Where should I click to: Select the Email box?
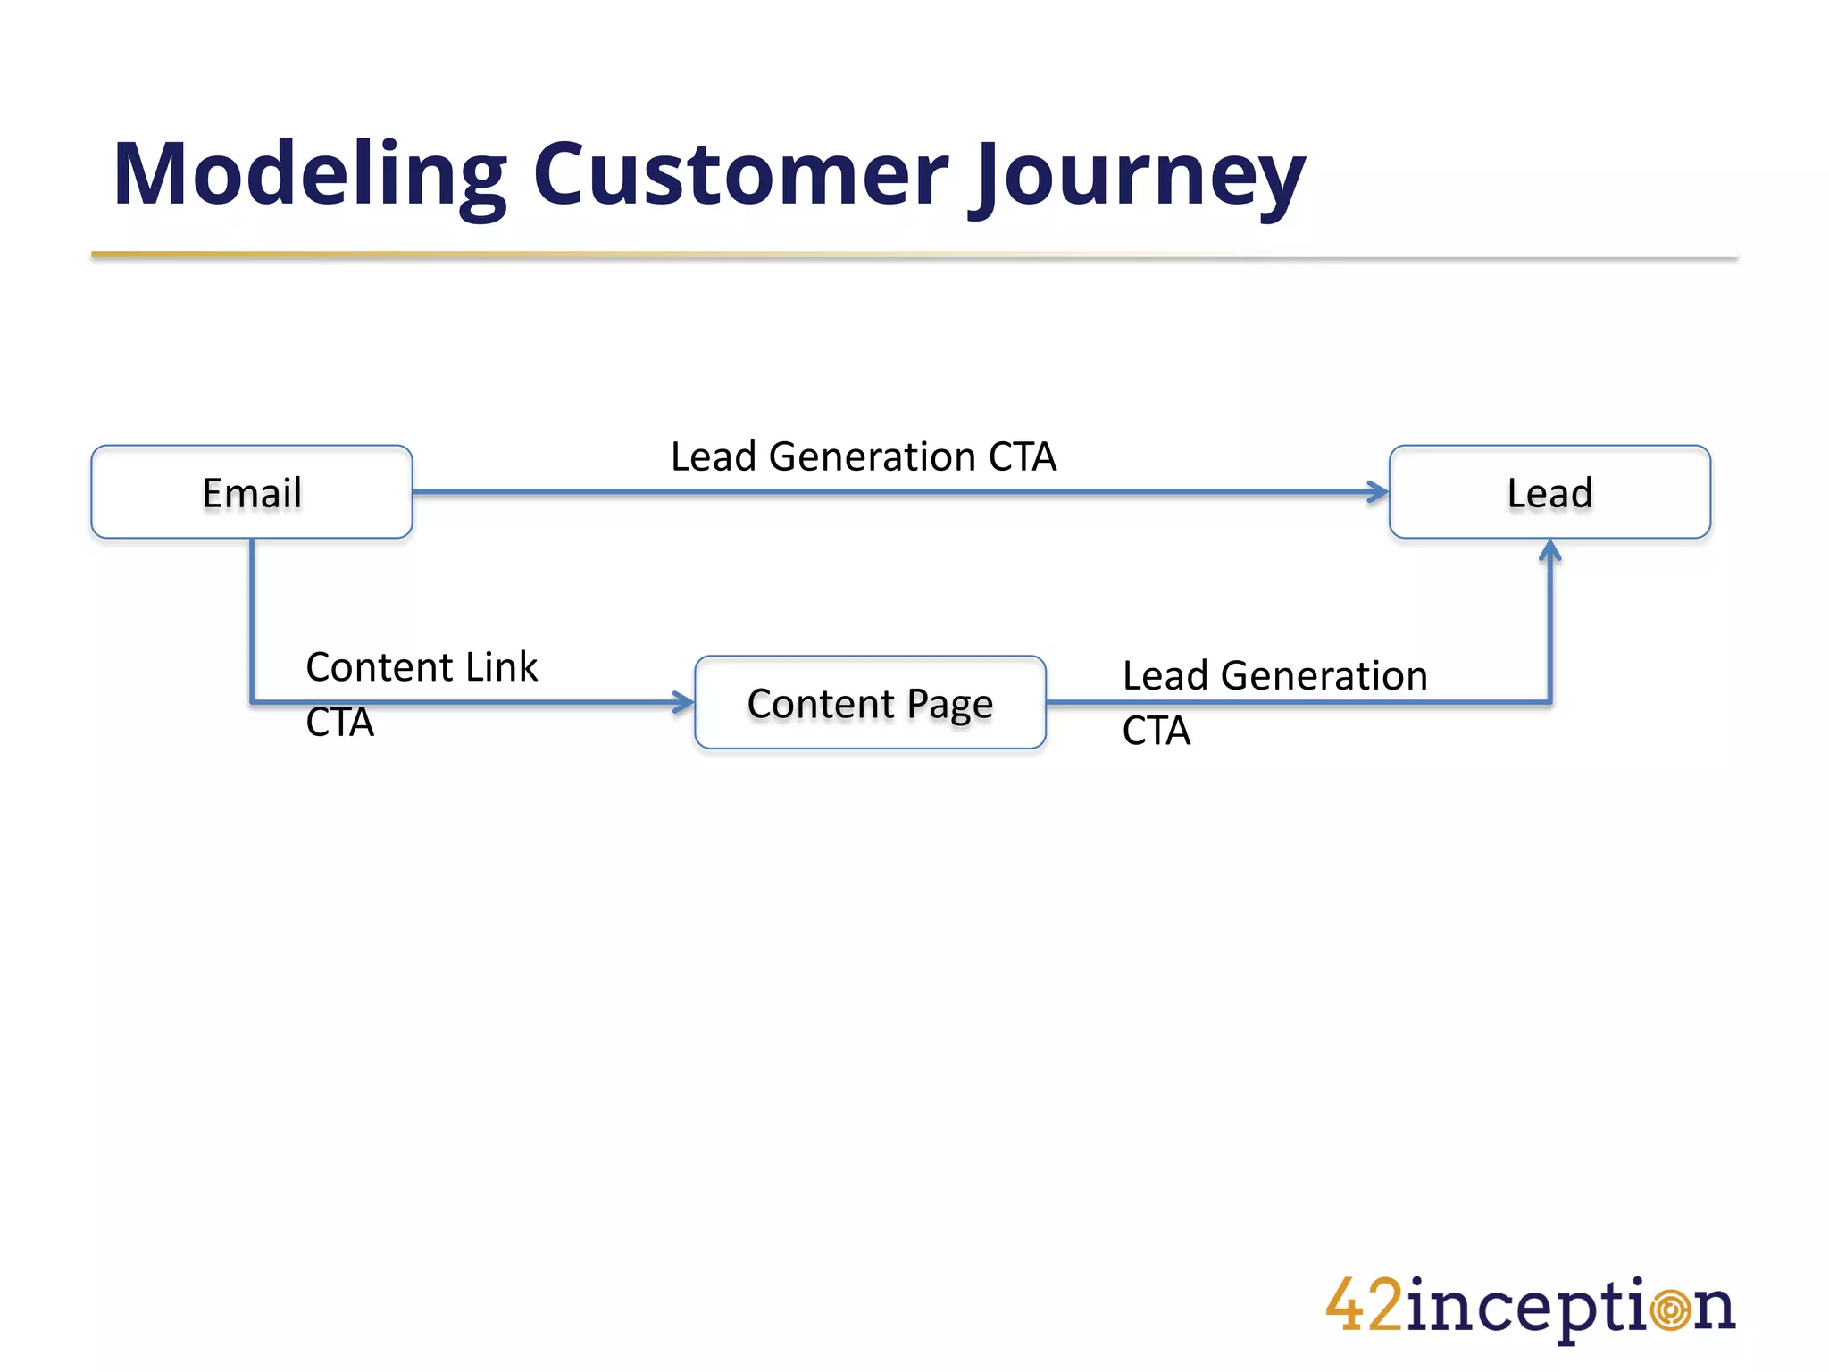252,492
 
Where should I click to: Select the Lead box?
1549,492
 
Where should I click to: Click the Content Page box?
870,703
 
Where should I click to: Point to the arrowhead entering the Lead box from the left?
1379,491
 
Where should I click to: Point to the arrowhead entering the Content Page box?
685,702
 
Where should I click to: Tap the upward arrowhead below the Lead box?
1550,550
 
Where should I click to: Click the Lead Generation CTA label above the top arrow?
863,456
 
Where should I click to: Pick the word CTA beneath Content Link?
339,722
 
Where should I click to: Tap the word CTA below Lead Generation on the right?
1156,731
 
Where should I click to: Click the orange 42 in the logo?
1364,1306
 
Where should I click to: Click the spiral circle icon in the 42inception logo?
1670,1309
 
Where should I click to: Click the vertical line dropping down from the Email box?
252,616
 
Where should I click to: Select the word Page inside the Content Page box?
949,705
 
